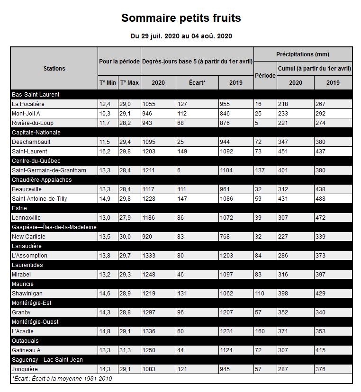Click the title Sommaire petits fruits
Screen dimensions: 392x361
click(x=180, y=18)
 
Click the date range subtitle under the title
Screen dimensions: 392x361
click(x=180, y=36)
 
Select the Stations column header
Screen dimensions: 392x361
click(x=54, y=68)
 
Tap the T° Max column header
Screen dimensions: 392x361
click(x=129, y=82)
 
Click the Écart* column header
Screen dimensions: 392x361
click(x=197, y=82)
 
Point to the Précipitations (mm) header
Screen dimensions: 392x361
click(x=303, y=54)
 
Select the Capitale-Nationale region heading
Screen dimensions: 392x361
click(x=36, y=133)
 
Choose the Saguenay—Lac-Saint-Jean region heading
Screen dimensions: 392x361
click(x=47, y=360)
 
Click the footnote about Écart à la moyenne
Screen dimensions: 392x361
click(x=62, y=378)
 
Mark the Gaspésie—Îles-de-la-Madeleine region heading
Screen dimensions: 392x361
click(x=54, y=227)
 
